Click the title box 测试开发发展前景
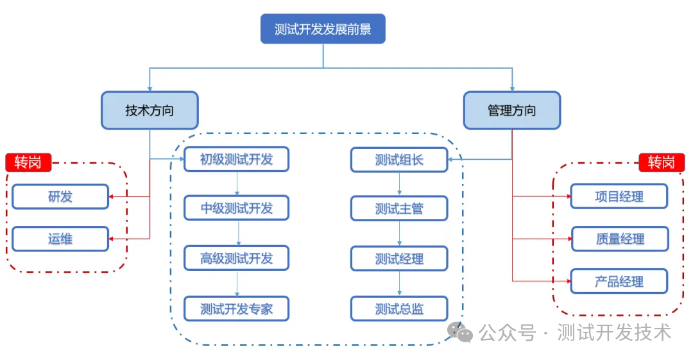tap(323, 29)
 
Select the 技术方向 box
tap(150, 110)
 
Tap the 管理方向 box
tap(512, 110)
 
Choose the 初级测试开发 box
tap(236, 159)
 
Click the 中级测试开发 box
tap(236, 208)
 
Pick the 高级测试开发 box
tap(236, 258)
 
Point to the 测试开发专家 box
tap(236, 309)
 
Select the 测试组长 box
tap(399, 160)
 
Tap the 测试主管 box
tap(399, 209)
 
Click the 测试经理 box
tap(399, 259)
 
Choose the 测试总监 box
tap(399, 309)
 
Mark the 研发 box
tap(60, 196)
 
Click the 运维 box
tap(60, 239)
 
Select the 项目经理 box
tap(619, 196)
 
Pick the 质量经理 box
tap(620, 239)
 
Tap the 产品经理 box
tap(619, 281)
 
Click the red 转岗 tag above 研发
tap(28, 162)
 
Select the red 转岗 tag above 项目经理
tap(662, 162)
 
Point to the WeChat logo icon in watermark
tap(459, 332)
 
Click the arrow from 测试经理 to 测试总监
tap(400, 284)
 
